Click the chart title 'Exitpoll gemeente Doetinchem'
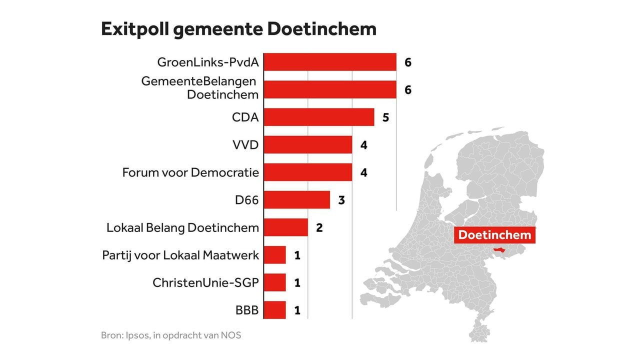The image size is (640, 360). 238,29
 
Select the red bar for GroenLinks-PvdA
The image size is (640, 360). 329,62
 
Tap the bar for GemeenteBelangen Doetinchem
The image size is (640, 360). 329,90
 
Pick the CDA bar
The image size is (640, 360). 318,117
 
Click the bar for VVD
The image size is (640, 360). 307,145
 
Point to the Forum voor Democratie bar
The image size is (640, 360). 307,172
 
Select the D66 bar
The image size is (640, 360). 296,200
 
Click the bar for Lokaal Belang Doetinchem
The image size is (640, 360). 285,227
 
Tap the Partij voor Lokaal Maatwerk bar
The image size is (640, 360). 274,255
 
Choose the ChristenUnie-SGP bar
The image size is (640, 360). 274,282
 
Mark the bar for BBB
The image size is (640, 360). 274,310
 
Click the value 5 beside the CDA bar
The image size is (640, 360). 385,118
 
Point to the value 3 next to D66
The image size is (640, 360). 341,200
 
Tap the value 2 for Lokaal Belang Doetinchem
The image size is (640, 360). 319,228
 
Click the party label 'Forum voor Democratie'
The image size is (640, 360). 190,173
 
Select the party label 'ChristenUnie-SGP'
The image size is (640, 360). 205,283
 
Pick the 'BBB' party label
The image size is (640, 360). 247,310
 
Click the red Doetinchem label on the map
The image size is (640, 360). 494,235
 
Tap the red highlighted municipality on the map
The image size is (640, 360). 499,249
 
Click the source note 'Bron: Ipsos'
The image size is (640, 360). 171,335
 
